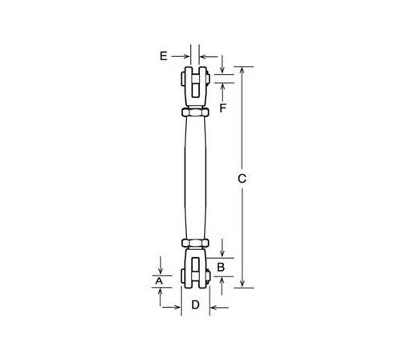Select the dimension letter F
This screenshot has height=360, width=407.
[x=223, y=106]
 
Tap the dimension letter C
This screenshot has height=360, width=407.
[x=242, y=178]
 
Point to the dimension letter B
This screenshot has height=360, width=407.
[x=222, y=265]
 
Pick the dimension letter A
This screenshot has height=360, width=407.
[x=159, y=280]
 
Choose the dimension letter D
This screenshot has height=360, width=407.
[x=195, y=305]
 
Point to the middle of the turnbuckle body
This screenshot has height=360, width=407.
[x=196, y=178]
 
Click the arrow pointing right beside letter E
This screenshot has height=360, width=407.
[x=185, y=55]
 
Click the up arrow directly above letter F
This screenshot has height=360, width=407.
[x=223, y=87]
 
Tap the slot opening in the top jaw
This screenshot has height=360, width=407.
[x=196, y=76]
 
